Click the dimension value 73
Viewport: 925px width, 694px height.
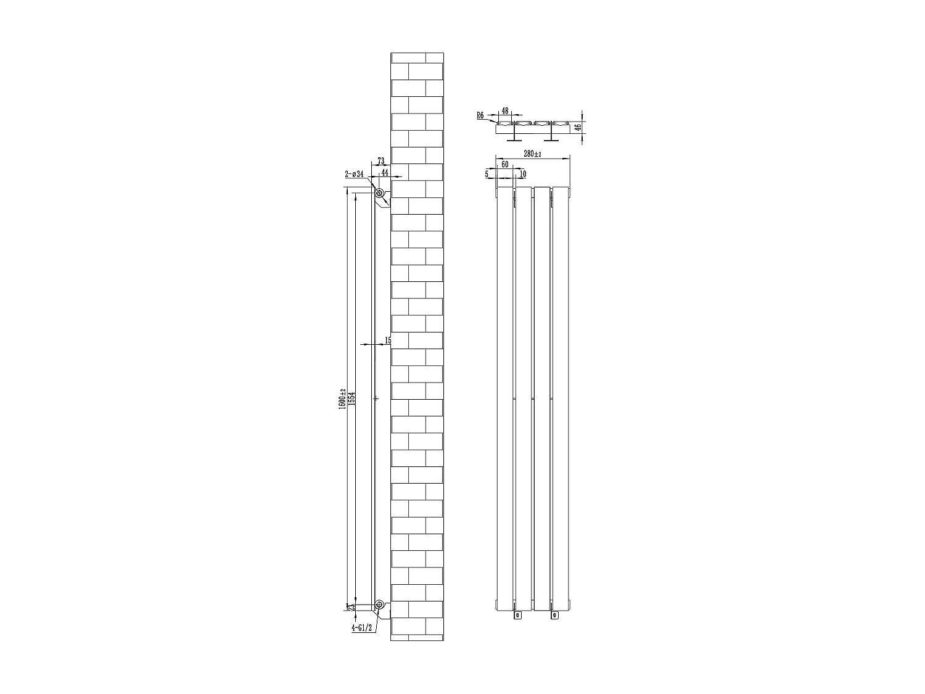(x=380, y=162)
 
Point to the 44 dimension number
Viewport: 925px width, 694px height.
(x=385, y=173)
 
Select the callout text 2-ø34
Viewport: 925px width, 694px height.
(x=354, y=174)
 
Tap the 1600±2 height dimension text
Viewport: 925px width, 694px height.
(x=342, y=400)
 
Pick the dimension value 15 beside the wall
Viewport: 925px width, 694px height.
(x=387, y=341)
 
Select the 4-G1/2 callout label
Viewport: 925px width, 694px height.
(x=362, y=628)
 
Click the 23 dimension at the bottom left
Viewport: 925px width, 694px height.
(x=351, y=608)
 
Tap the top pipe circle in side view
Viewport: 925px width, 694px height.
(x=380, y=194)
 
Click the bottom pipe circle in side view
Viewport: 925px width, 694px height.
(x=380, y=604)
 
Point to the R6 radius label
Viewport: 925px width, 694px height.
(x=480, y=115)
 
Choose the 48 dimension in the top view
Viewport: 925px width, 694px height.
(x=504, y=112)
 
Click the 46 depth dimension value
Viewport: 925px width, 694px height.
(x=578, y=127)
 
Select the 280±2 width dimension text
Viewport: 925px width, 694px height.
(x=532, y=154)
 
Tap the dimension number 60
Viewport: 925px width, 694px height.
(x=504, y=165)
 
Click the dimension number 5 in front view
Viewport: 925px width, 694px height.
(x=487, y=175)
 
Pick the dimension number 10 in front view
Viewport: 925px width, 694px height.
(x=523, y=175)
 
